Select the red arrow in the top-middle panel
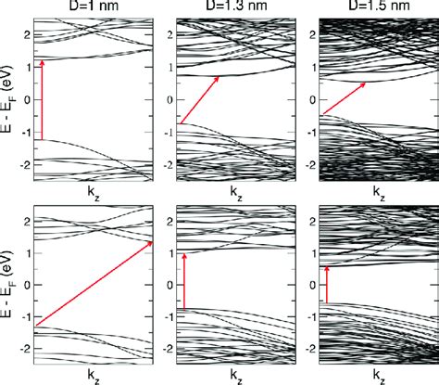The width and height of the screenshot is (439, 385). click(197, 100)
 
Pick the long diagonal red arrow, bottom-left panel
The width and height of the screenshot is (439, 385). click(93, 284)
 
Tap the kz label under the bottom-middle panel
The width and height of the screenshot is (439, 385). click(235, 375)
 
